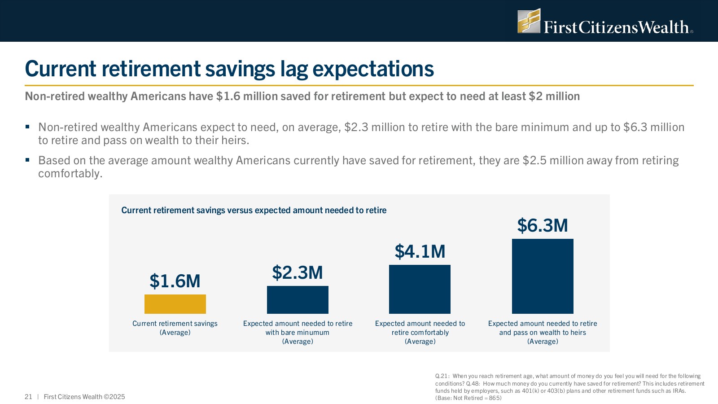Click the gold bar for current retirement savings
pyautogui.click(x=175, y=304)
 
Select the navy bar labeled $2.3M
pyautogui.click(x=298, y=299)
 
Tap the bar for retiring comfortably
pyautogui.click(x=420, y=289)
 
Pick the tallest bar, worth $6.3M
pyautogui.click(x=543, y=276)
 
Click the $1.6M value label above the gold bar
pyautogui.click(x=175, y=281)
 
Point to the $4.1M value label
pyautogui.click(x=420, y=251)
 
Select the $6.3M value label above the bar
pyautogui.click(x=543, y=225)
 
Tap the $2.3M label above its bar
pyautogui.click(x=298, y=272)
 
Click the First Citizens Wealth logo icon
pyautogui.click(x=529, y=21)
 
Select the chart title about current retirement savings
pyautogui.click(x=254, y=210)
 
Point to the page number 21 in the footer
pyautogui.click(x=28, y=397)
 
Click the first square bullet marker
pyautogui.click(x=27, y=127)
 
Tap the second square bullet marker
pyautogui.click(x=27, y=160)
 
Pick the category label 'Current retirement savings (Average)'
pyautogui.click(x=175, y=328)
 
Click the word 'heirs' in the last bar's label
pyautogui.click(x=578, y=333)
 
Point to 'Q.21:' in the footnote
pyautogui.click(x=442, y=376)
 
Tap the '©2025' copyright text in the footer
pyautogui.click(x=114, y=397)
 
